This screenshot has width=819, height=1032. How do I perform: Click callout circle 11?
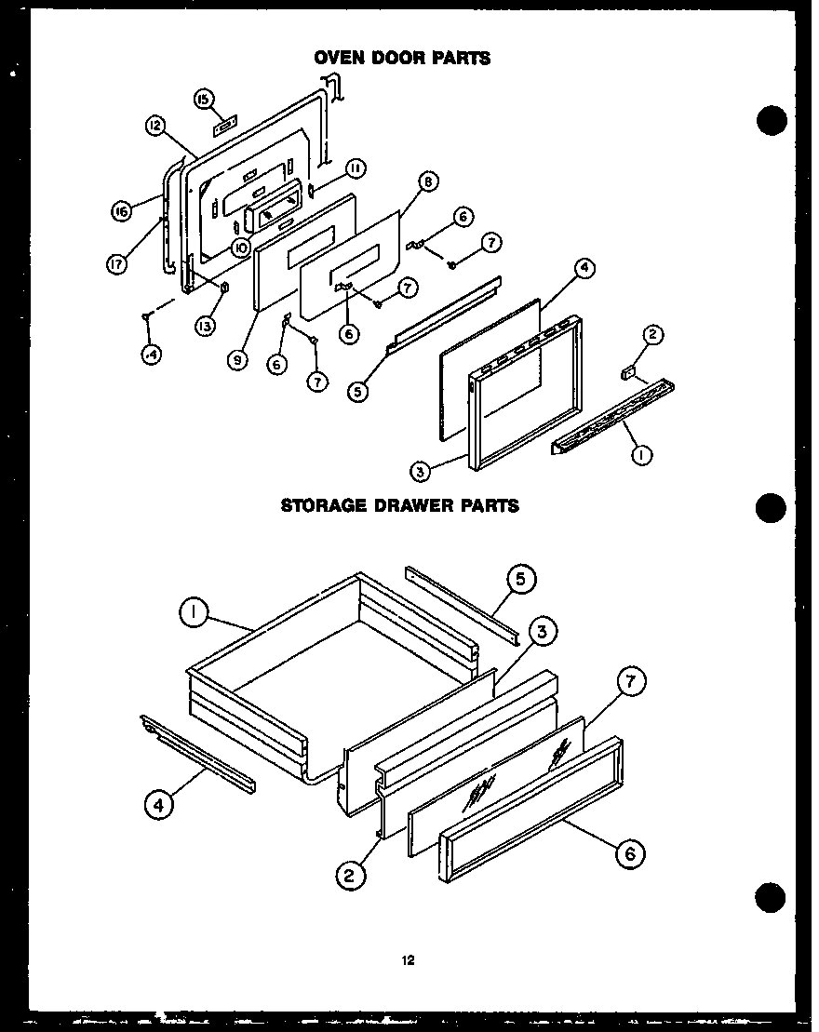click(x=356, y=168)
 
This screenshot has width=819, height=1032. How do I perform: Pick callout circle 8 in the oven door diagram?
click(x=427, y=181)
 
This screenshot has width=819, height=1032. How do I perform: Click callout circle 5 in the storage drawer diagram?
click(x=520, y=580)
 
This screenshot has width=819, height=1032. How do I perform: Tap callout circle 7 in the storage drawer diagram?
click(x=629, y=682)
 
